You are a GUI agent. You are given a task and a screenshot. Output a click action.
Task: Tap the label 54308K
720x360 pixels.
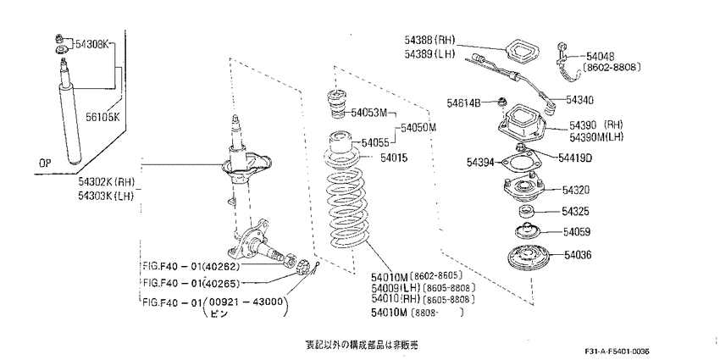pyautogui.click(x=93, y=44)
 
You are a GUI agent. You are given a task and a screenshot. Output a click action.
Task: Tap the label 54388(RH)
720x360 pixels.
pyautogui.click(x=433, y=40)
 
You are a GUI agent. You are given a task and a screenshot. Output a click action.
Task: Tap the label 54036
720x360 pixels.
pyautogui.click(x=579, y=254)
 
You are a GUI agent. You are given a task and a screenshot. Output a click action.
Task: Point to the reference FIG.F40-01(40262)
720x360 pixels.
pyautogui.click(x=191, y=265)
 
